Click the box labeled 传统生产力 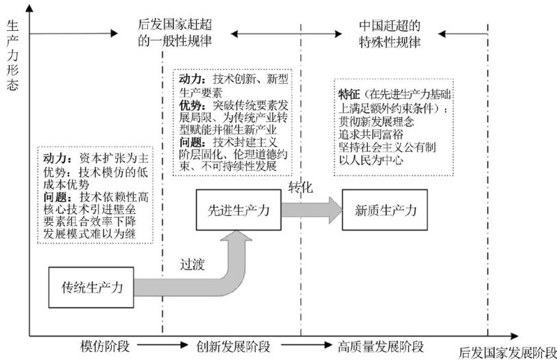click(92, 287)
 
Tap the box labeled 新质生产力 click(384, 210)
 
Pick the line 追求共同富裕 click(371, 134)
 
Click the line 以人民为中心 click(371, 160)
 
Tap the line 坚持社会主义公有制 click(387, 147)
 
